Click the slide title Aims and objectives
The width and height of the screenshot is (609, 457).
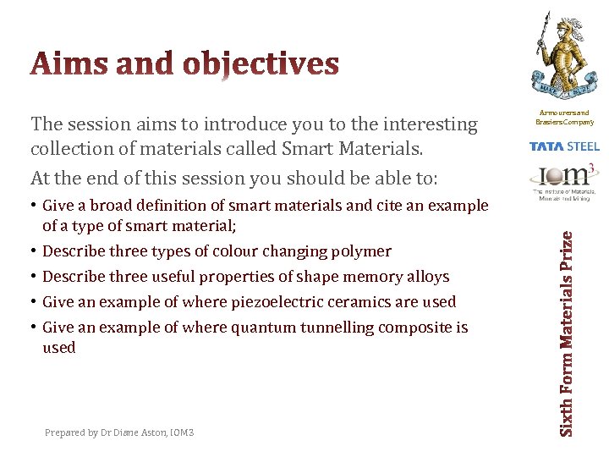pos(184,64)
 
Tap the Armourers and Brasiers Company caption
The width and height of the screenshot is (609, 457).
pos(564,118)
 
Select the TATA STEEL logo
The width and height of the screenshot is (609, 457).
pos(564,146)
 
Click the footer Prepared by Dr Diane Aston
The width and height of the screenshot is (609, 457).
pos(119,432)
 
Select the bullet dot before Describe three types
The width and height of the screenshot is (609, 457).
pos(34,251)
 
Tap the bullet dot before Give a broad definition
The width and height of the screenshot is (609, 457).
pos(34,206)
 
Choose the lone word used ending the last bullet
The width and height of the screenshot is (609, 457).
pos(58,348)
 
